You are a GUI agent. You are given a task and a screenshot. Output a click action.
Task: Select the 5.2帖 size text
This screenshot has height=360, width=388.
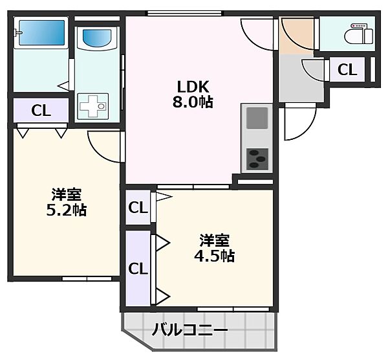tap(67, 210)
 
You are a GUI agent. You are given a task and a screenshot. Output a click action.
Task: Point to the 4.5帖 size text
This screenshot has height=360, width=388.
tap(214, 255)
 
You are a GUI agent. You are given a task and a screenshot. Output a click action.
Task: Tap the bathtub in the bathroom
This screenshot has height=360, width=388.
tap(41, 33)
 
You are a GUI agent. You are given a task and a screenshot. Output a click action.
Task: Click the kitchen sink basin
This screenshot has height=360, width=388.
tap(256, 118)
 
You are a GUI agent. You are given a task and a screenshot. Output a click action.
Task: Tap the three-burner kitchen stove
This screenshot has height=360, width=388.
tap(257, 157)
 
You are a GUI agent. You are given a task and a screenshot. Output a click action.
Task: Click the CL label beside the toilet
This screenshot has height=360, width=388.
tap(347, 69)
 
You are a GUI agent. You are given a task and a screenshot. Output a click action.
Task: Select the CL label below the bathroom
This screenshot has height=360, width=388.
tap(41, 110)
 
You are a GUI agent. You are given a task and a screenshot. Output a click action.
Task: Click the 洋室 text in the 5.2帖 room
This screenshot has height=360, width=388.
tap(67, 194)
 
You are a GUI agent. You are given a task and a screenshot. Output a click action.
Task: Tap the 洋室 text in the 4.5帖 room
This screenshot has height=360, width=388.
tap(214, 240)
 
